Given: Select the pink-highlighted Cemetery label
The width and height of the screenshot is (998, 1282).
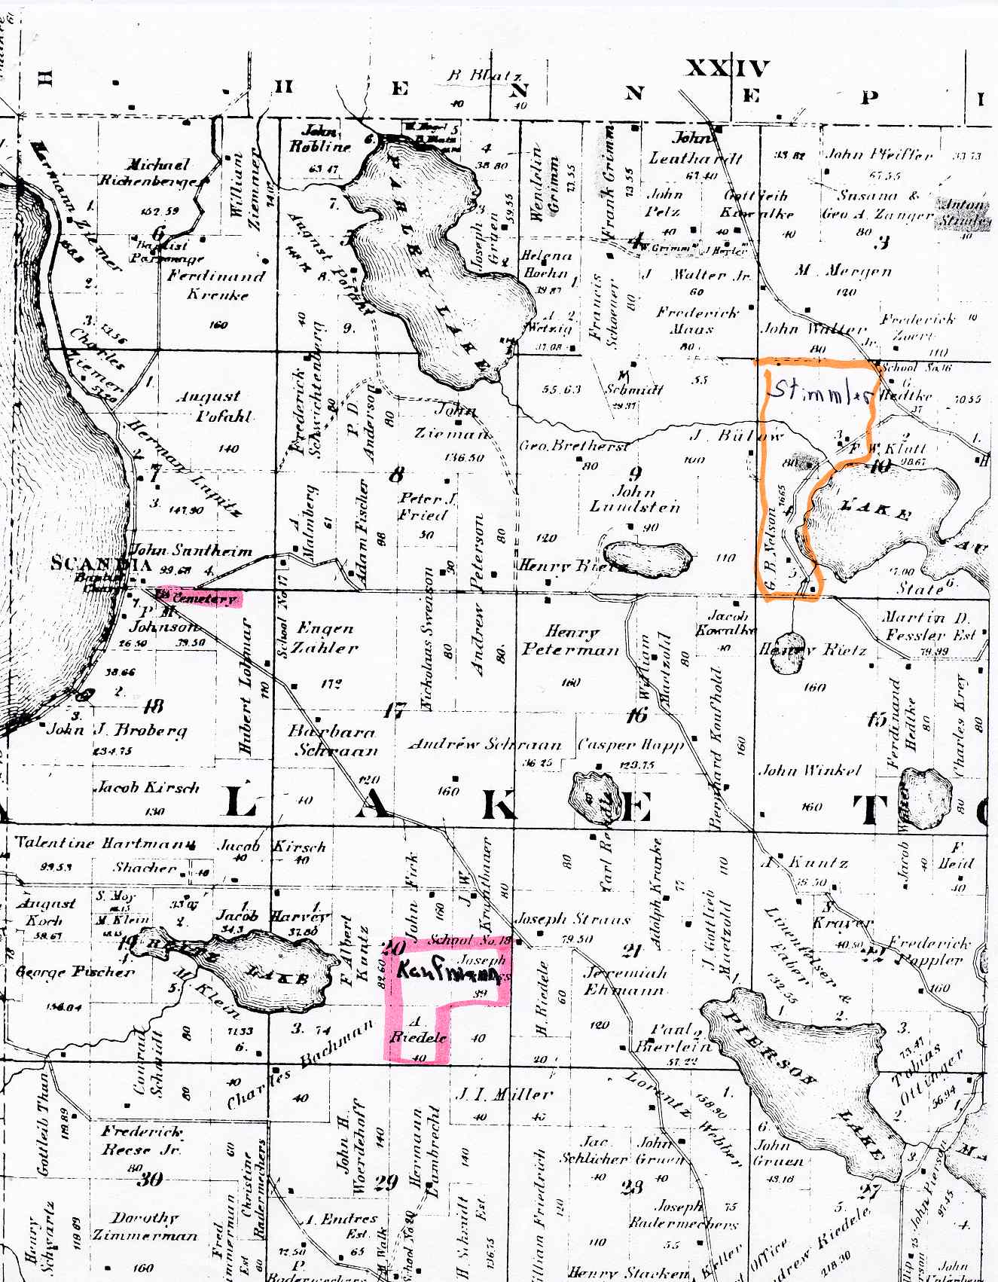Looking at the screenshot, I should coord(199,599).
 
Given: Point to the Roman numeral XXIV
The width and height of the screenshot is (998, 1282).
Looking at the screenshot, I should coord(728,69).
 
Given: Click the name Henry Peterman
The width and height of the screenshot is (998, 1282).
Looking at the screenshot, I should coord(572,641).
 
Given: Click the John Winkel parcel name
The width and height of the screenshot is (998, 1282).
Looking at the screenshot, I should coord(810,770).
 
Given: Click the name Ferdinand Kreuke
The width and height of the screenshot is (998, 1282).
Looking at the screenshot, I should coord(217,285).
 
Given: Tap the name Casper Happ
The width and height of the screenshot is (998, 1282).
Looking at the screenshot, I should coord(630,744).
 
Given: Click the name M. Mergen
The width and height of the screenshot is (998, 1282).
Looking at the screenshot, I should coord(844,271).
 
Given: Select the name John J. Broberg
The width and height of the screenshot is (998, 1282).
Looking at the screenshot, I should coord(118,729).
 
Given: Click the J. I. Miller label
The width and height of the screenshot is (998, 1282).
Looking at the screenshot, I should coord(503,1094).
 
